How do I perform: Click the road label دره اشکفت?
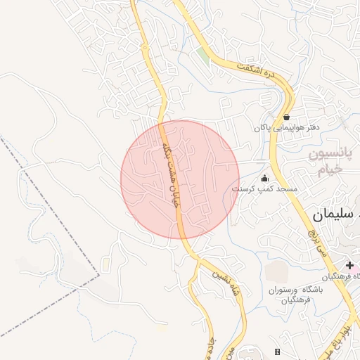pyautogui.click(x=258, y=65)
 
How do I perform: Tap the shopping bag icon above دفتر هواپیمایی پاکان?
pyautogui.click(x=286, y=117)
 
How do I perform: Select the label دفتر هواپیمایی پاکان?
pyautogui.click(x=287, y=128)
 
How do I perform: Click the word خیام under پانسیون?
pyautogui.click(x=328, y=169)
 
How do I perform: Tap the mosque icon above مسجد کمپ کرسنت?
pyautogui.click(x=264, y=178)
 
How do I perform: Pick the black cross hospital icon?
pyautogui.click(x=349, y=265)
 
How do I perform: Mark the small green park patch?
pyautogui.click(x=202, y=56)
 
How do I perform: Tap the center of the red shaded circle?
pyautogui.click(x=180, y=179)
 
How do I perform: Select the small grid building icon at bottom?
pyautogui.click(x=278, y=352)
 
